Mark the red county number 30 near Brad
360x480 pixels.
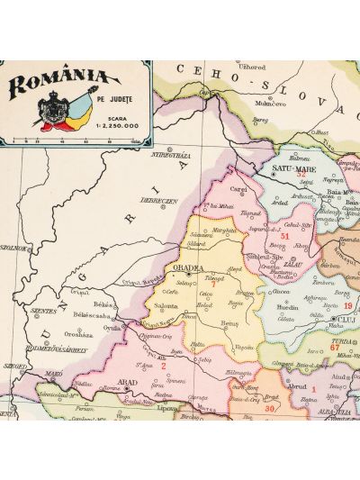click(x=270, y=408)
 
